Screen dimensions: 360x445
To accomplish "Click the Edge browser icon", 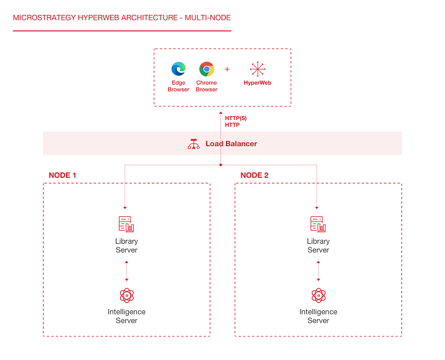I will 179,69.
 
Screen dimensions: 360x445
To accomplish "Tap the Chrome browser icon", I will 207,69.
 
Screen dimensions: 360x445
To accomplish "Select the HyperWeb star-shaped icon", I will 257,69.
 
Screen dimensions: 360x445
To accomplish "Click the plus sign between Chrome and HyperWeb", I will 227,69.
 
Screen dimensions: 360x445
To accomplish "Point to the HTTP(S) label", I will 236,118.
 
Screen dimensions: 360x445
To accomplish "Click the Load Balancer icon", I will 194,144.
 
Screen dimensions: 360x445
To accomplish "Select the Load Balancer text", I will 231,144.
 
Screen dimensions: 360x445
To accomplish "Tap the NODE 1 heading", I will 63,175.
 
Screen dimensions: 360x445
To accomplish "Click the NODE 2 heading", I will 255,175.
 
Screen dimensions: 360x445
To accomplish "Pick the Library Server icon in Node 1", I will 126,224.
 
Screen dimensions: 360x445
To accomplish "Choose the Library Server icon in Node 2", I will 318,224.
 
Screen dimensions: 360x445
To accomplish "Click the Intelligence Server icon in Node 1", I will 126,295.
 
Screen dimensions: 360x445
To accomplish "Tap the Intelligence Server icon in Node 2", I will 318,295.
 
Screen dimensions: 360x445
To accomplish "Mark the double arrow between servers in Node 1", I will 126,271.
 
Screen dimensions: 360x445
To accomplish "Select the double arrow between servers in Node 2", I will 318,271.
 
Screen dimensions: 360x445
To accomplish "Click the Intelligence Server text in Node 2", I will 318,316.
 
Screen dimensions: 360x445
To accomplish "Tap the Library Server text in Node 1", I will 126,246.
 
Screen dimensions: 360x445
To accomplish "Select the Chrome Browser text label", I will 207,86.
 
